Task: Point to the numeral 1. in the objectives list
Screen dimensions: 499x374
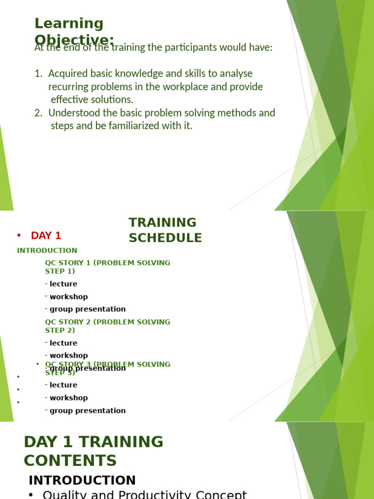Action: click(x=38, y=74)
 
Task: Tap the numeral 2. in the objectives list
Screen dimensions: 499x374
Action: click(x=38, y=113)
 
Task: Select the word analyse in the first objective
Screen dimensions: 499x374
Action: click(x=236, y=74)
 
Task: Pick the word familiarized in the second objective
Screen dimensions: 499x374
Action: click(x=144, y=126)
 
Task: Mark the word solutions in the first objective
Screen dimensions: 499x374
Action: click(x=115, y=99)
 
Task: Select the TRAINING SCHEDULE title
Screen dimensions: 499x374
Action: click(x=165, y=230)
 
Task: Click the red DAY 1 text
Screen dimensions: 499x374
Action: click(x=46, y=236)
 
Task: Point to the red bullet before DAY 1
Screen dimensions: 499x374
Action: click(x=19, y=236)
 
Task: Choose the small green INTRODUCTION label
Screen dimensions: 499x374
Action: click(x=47, y=250)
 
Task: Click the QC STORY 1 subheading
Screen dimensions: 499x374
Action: click(x=107, y=267)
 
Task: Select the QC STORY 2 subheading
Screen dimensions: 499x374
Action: click(x=107, y=326)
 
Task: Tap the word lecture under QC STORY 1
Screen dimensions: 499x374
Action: click(x=63, y=284)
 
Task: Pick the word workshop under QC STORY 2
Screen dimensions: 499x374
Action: click(x=69, y=356)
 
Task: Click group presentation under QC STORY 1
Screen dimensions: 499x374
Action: click(x=88, y=309)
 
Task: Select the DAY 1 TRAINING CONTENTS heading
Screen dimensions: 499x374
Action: click(x=93, y=451)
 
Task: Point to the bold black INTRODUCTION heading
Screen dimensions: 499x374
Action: click(x=82, y=480)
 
